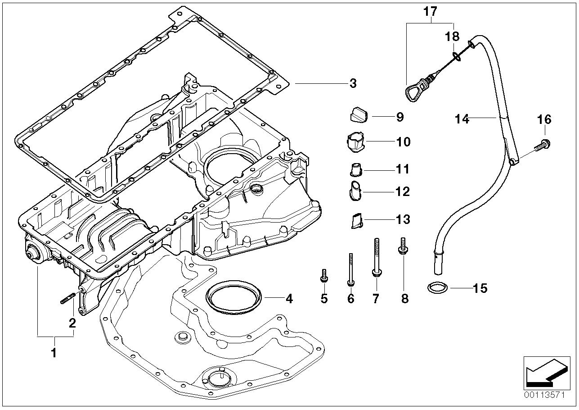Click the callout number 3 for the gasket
coord(353,83)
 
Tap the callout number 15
coord(480,288)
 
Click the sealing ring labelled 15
coord(436,287)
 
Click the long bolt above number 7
coord(375,256)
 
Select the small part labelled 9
coord(359,115)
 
